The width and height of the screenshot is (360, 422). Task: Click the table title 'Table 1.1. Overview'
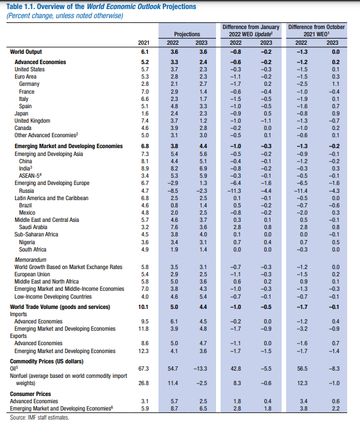[x=45, y=7]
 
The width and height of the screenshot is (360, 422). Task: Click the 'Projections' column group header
[x=187, y=34]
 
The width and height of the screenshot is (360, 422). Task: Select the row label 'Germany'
[x=29, y=84]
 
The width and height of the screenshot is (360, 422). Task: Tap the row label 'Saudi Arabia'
[x=33, y=227]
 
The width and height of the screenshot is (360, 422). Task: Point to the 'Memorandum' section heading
[x=30, y=260]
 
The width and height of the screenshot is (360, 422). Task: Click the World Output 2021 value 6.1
[x=145, y=52]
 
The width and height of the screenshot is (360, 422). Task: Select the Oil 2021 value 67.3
[x=143, y=369]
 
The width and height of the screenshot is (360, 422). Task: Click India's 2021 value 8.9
[x=145, y=169]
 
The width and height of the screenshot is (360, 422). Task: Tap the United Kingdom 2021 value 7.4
[x=145, y=121]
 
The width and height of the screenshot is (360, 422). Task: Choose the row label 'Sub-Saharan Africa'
[x=36, y=235]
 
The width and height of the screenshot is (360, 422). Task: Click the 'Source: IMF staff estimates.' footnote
[x=39, y=417]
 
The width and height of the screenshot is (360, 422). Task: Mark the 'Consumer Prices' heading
[x=30, y=394]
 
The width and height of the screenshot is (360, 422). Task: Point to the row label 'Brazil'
[x=25, y=206]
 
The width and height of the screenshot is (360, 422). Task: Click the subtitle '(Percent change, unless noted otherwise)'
[x=65, y=16]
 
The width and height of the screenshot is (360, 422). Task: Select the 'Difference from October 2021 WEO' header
[x=316, y=30]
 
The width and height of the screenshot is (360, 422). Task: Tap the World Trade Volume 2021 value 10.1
[x=143, y=307]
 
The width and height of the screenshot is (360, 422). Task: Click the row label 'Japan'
[x=21, y=114]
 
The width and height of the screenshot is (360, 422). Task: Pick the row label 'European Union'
[x=32, y=274]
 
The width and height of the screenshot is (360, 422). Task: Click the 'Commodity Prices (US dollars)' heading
[x=47, y=362]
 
